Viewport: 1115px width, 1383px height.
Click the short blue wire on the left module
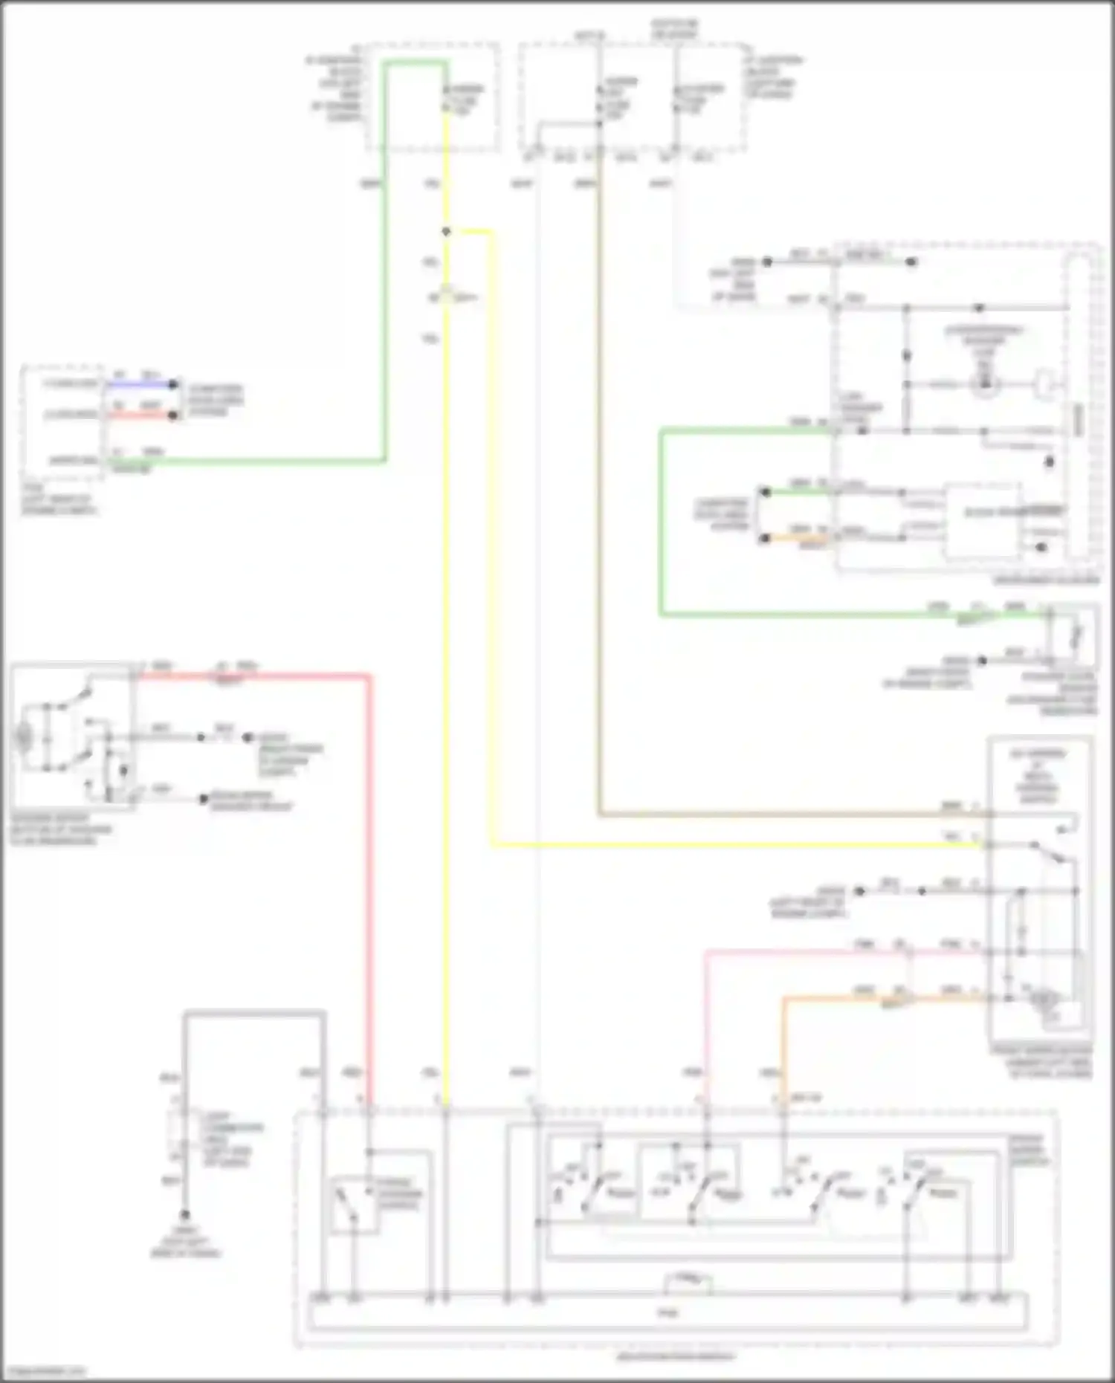(x=139, y=384)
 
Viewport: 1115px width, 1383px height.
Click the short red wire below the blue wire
(x=139, y=415)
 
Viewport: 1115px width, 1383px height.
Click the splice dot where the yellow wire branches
(x=446, y=232)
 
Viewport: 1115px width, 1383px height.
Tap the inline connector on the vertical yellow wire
(x=447, y=297)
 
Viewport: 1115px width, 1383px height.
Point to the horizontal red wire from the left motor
(x=253, y=676)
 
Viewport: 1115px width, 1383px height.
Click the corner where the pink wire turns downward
(x=706, y=952)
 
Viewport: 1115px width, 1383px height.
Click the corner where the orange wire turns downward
(x=783, y=1000)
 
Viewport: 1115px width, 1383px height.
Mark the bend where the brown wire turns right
(x=600, y=814)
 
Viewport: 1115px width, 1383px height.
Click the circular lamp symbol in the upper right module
(x=985, y=385)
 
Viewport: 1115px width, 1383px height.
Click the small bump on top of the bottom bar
(x=688, y=1281)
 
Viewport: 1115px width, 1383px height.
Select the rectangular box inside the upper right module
(x=981, y=522)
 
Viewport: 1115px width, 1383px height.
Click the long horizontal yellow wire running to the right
(x=736, y=845)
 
